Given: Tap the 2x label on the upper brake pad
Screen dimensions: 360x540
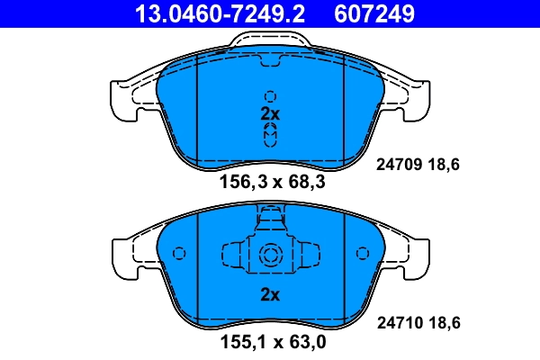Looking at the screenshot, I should pyautogui.click(x=270, y=114).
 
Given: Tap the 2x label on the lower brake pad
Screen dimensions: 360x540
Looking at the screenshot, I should pyautogui.click(x=270, y=293).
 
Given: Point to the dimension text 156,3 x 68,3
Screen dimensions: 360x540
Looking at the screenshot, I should pyautogui.click(x=273, y=182).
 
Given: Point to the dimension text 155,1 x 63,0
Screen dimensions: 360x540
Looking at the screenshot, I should pyautogui.click(x=273, y=343).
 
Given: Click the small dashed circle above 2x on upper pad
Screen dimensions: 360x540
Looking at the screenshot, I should pyautogui.click(x=270, y=96).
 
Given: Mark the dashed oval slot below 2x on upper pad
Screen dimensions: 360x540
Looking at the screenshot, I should pyautogui.click(x=270, y=135).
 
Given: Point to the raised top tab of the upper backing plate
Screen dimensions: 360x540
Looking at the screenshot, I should pyautogui.click(x=270, y=39).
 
